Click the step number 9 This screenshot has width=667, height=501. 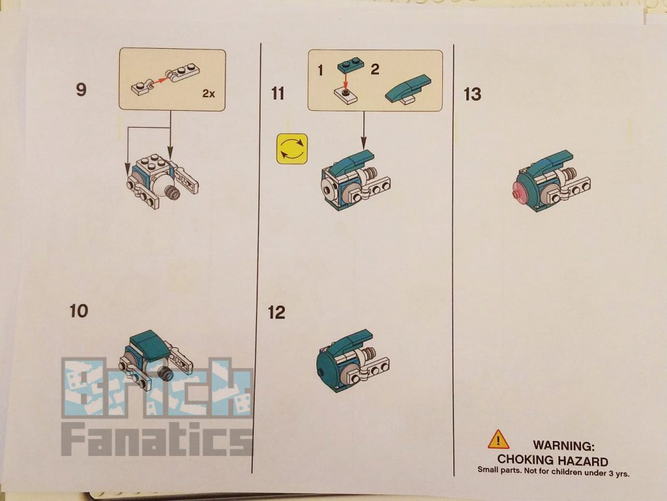click(81, 89)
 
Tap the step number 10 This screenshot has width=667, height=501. click(79, 311)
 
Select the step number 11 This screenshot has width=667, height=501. click(277, 94)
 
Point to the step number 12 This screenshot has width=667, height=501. click(276, 313)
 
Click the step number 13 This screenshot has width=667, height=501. click(472, 94)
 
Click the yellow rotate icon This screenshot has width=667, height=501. click(292, 149)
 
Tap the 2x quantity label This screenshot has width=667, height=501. click(208, 94)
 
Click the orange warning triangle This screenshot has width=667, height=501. click(498, 440)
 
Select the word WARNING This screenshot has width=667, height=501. click(563, 446)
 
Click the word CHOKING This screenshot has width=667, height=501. click(525, 460)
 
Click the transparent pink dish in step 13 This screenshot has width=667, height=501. click(521, 191)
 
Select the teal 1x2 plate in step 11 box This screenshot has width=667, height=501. click(350, 66)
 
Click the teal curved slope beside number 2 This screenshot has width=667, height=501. click(408, 89)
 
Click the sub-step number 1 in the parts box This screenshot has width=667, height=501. click(320, 70)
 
